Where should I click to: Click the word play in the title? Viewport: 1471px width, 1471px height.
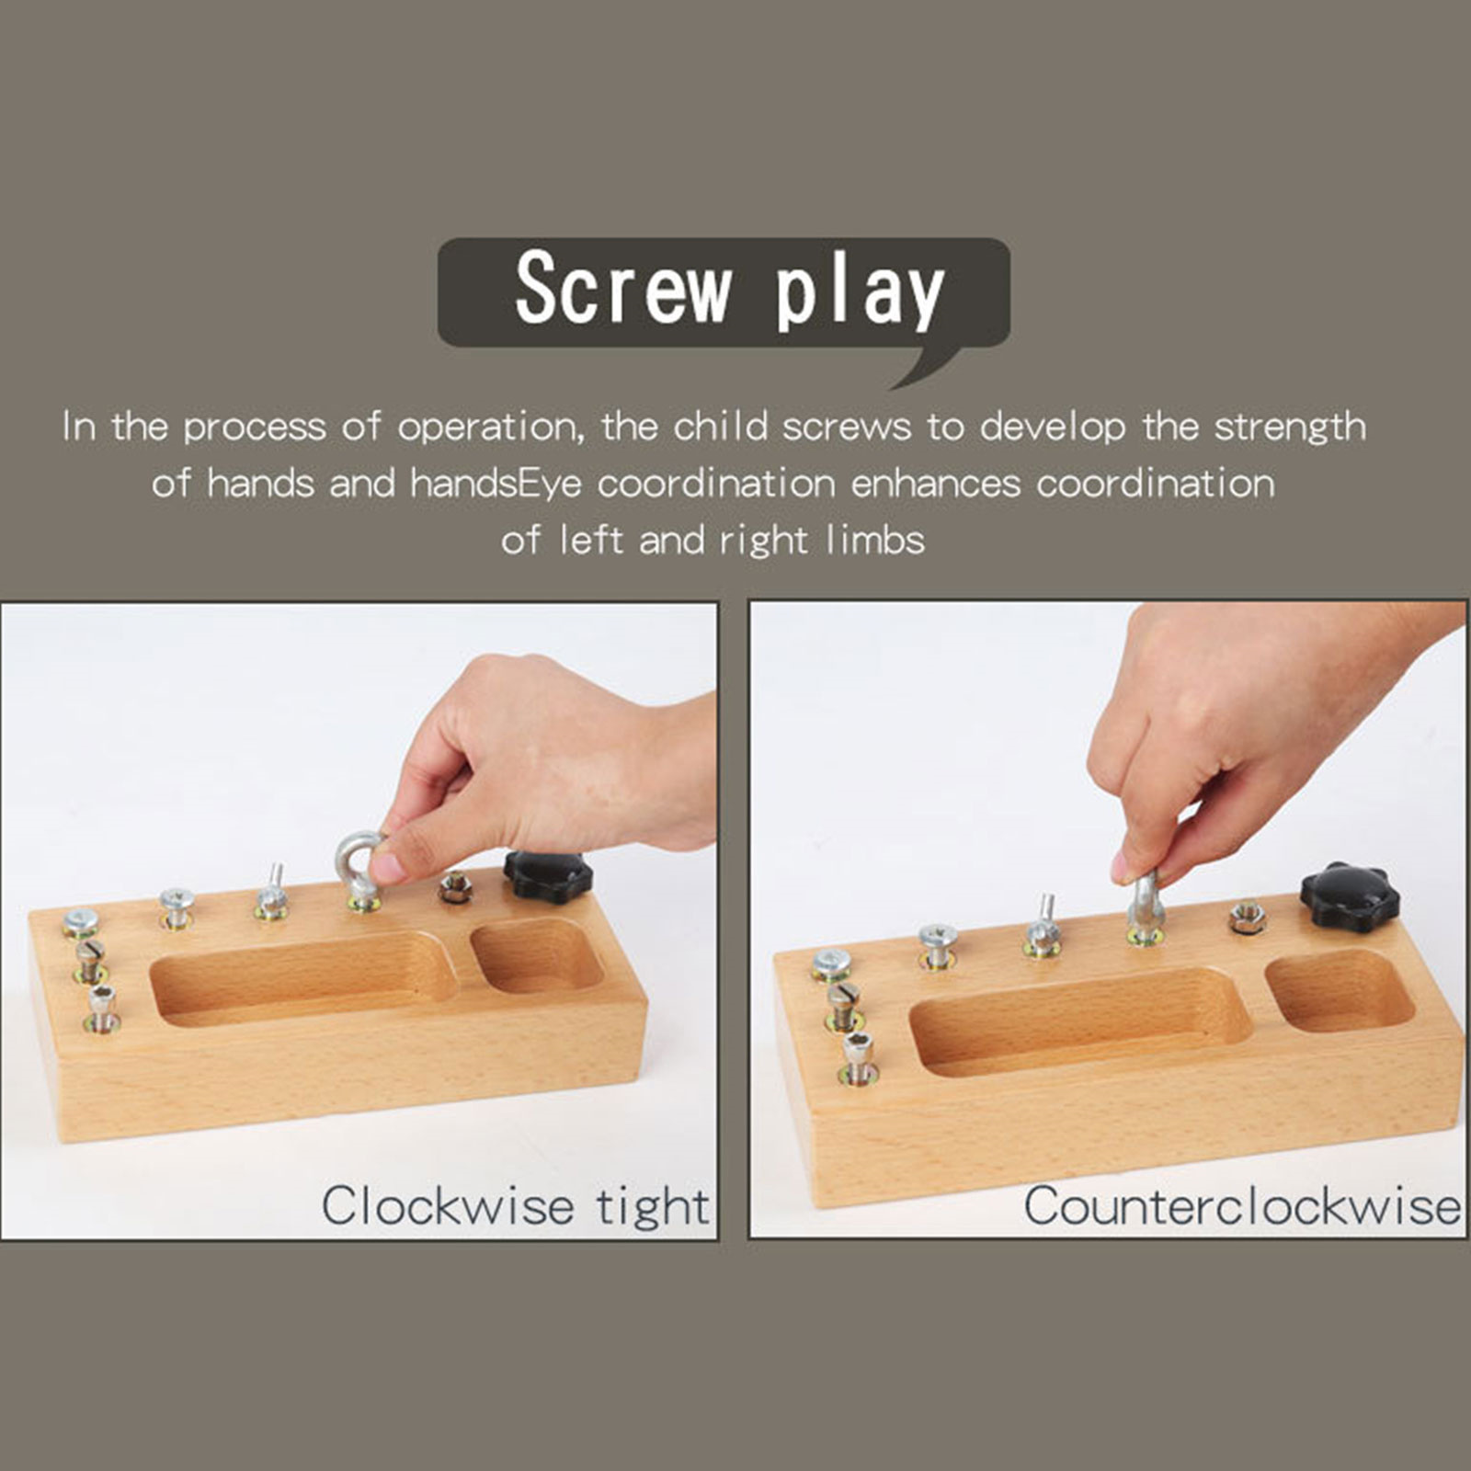click(860, 292)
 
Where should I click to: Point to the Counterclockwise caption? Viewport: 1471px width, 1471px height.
click(1242, 1205)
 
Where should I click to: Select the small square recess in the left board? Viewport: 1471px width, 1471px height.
click(536, 958)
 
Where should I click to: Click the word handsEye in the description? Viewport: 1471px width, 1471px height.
click(496, 484)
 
